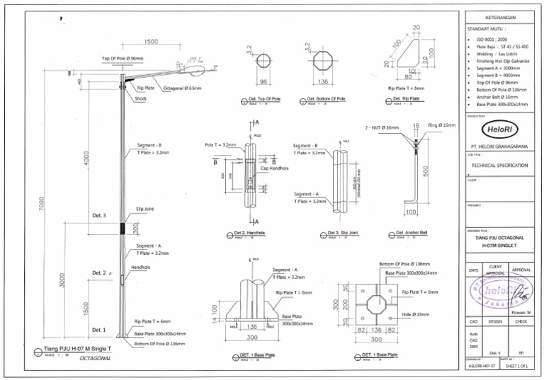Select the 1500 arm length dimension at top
(151, 42)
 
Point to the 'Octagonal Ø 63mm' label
(182, 88)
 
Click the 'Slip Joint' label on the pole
(145, 209)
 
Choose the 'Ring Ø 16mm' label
(441, 125)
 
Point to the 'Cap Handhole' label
(276, 168)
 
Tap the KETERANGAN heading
(500, 17)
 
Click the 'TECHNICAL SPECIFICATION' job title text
(499, 165)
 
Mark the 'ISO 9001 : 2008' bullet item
(492, 39)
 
